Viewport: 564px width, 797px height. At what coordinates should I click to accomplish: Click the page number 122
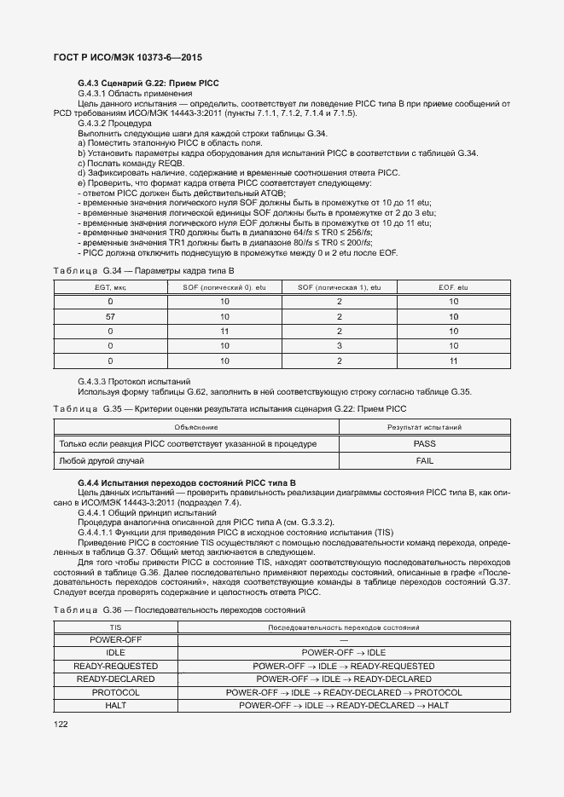(x=61, y=725)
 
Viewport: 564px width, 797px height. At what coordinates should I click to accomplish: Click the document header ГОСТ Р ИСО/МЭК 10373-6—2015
(x=128, y=57)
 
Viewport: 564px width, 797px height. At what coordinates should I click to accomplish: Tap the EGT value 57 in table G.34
(x=110, y=316)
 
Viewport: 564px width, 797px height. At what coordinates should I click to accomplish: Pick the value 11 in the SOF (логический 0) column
(x=224, y=331)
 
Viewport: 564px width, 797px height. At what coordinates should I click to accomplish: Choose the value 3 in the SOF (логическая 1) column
(x=339, y=346)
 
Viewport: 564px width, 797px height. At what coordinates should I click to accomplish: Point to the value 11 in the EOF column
(x=453, y=361)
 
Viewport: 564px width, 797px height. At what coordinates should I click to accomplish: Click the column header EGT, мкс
(x=110, y=288)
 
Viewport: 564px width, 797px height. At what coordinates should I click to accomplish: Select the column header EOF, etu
(x=453, y=288)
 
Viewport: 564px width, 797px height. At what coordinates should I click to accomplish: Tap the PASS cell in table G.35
(x=424, y=444)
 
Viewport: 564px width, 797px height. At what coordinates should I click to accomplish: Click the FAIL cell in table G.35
(x=424, y=460)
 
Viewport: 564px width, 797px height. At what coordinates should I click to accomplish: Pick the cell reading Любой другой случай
(x=101, y=460)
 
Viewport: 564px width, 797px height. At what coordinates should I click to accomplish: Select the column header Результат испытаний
(x=424, y=427)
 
